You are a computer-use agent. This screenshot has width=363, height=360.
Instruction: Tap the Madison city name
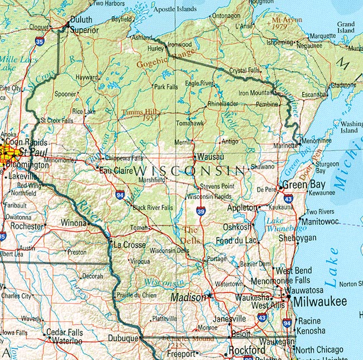click(188, 297)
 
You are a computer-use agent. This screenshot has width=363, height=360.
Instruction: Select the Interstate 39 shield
click(200, 210)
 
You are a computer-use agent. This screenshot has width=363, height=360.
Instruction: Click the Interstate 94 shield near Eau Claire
click(120, 195)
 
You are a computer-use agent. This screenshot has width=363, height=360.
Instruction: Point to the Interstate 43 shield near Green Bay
click(288, 198)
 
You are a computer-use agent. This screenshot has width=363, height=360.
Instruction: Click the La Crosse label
click(130, 245)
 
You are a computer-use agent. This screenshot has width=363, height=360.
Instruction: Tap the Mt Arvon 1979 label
click(286, 23)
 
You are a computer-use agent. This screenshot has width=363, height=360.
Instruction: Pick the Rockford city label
click(246, 350)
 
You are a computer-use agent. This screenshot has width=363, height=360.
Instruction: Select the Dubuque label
click(122, 338)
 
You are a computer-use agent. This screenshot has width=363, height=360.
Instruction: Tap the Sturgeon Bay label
click(327, 168)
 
